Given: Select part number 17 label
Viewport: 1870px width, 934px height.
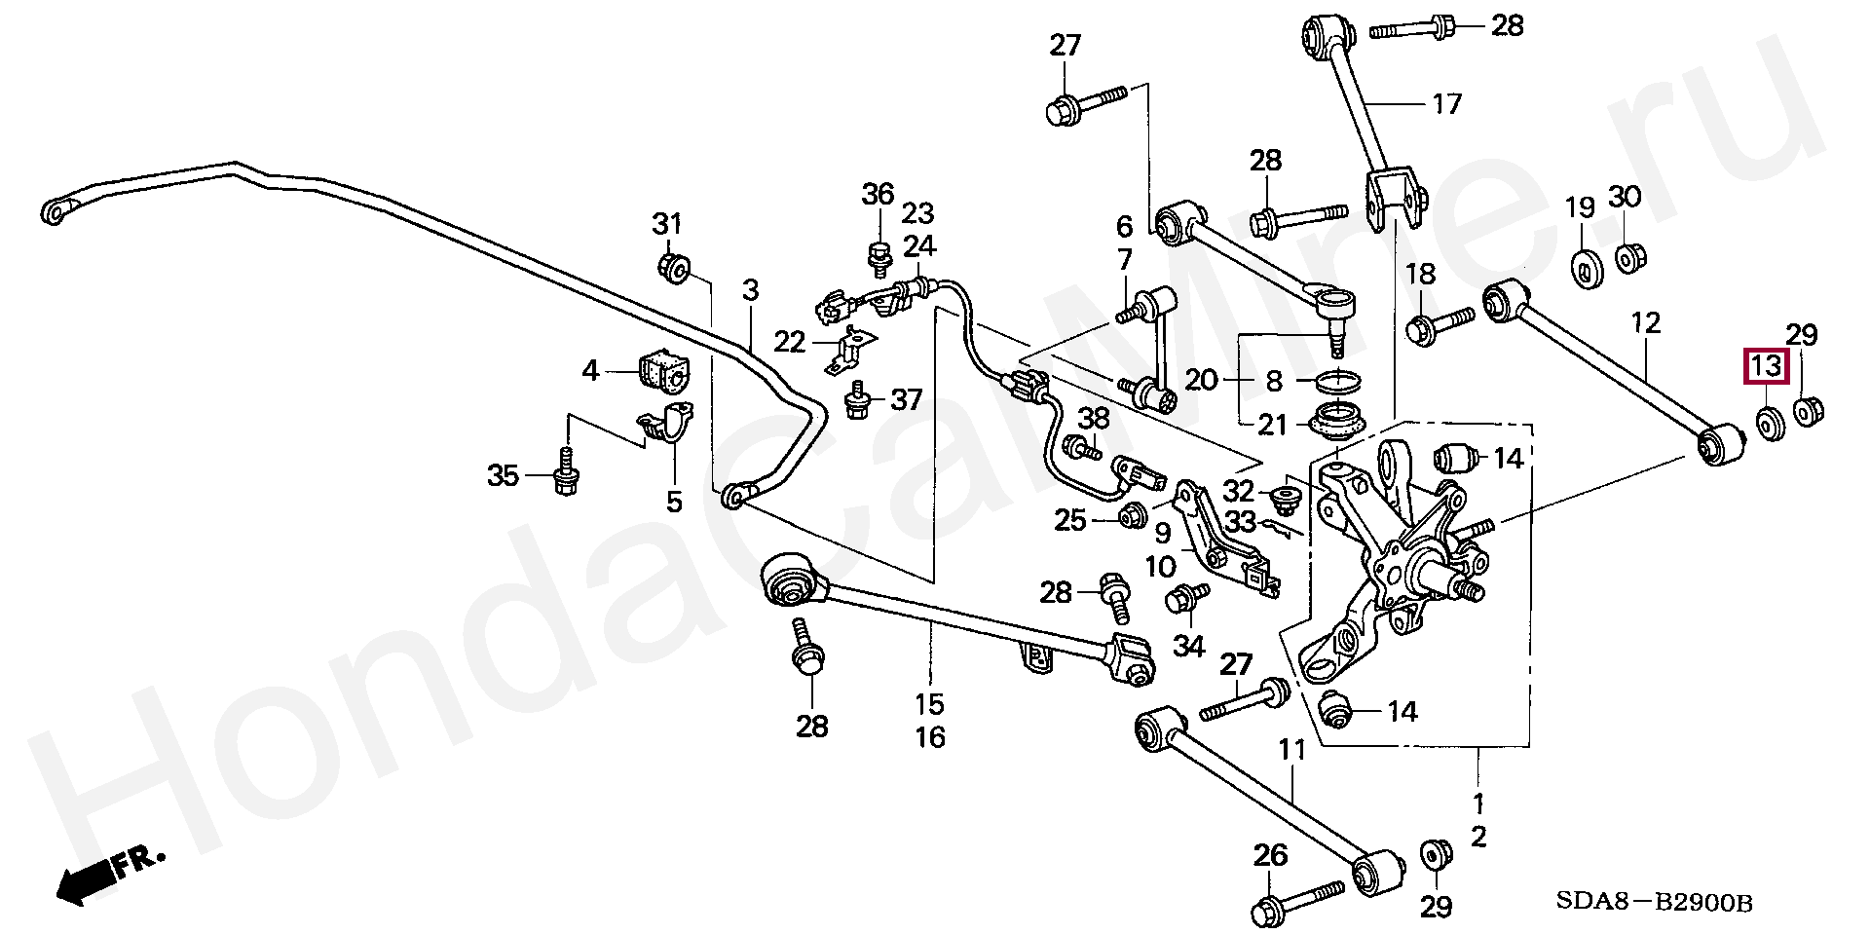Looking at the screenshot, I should (1446, 103).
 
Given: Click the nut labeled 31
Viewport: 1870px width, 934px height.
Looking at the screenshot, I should (673, 266).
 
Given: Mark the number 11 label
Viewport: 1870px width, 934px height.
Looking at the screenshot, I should (1290, 751).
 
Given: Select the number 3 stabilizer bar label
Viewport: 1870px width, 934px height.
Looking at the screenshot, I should (750, 291).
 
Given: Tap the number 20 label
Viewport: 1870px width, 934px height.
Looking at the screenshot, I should (1201, 380).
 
